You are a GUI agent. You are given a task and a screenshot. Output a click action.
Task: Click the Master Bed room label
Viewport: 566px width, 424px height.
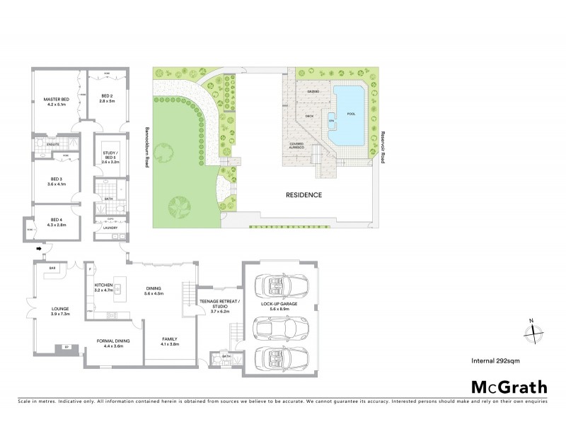pos(54,102)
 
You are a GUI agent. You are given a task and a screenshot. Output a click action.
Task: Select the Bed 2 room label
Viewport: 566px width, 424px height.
pos(107,99)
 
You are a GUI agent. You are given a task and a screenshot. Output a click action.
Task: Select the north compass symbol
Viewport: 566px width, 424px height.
pos(535,329)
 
